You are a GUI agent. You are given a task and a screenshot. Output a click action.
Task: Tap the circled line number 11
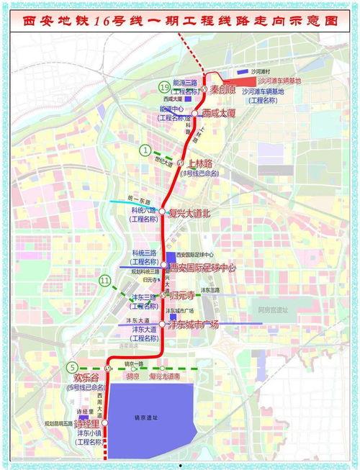(106, 281)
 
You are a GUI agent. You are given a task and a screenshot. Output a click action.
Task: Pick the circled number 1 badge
(146, 150)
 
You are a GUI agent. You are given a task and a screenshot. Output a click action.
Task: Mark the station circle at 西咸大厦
(194, 114)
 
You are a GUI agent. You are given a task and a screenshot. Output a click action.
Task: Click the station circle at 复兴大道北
(163, 213)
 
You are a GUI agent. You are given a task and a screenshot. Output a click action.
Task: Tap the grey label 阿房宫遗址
(273, 309)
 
